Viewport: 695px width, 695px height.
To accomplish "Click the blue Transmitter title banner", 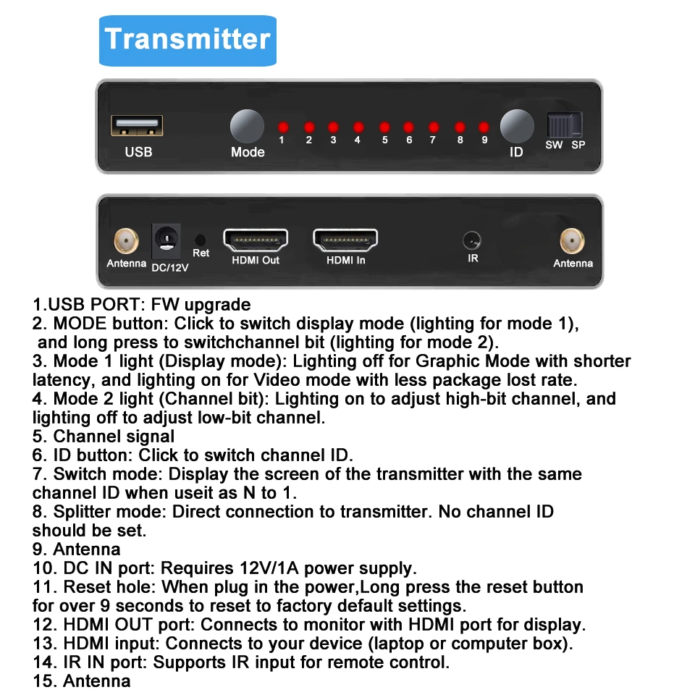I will point(188,39).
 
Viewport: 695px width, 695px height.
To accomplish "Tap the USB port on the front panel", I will point(137,126).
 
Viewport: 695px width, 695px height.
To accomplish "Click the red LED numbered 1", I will point(282,126).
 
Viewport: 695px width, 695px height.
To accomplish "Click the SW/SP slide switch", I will point(565,125).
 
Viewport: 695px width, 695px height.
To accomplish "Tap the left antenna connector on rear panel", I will point(126,240).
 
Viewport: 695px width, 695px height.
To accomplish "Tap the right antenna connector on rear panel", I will point(572,240).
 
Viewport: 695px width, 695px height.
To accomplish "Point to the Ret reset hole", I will point(201,239).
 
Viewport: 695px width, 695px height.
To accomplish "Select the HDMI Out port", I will point(256,240).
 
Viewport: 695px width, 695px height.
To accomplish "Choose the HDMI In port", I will point(345,240).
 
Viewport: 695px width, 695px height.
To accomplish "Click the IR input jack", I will point(472,240).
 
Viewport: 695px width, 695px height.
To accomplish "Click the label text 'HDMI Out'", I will point(256,260).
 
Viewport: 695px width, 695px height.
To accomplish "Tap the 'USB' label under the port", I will point(138,152).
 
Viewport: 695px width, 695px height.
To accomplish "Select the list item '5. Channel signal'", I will point(104,437).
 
